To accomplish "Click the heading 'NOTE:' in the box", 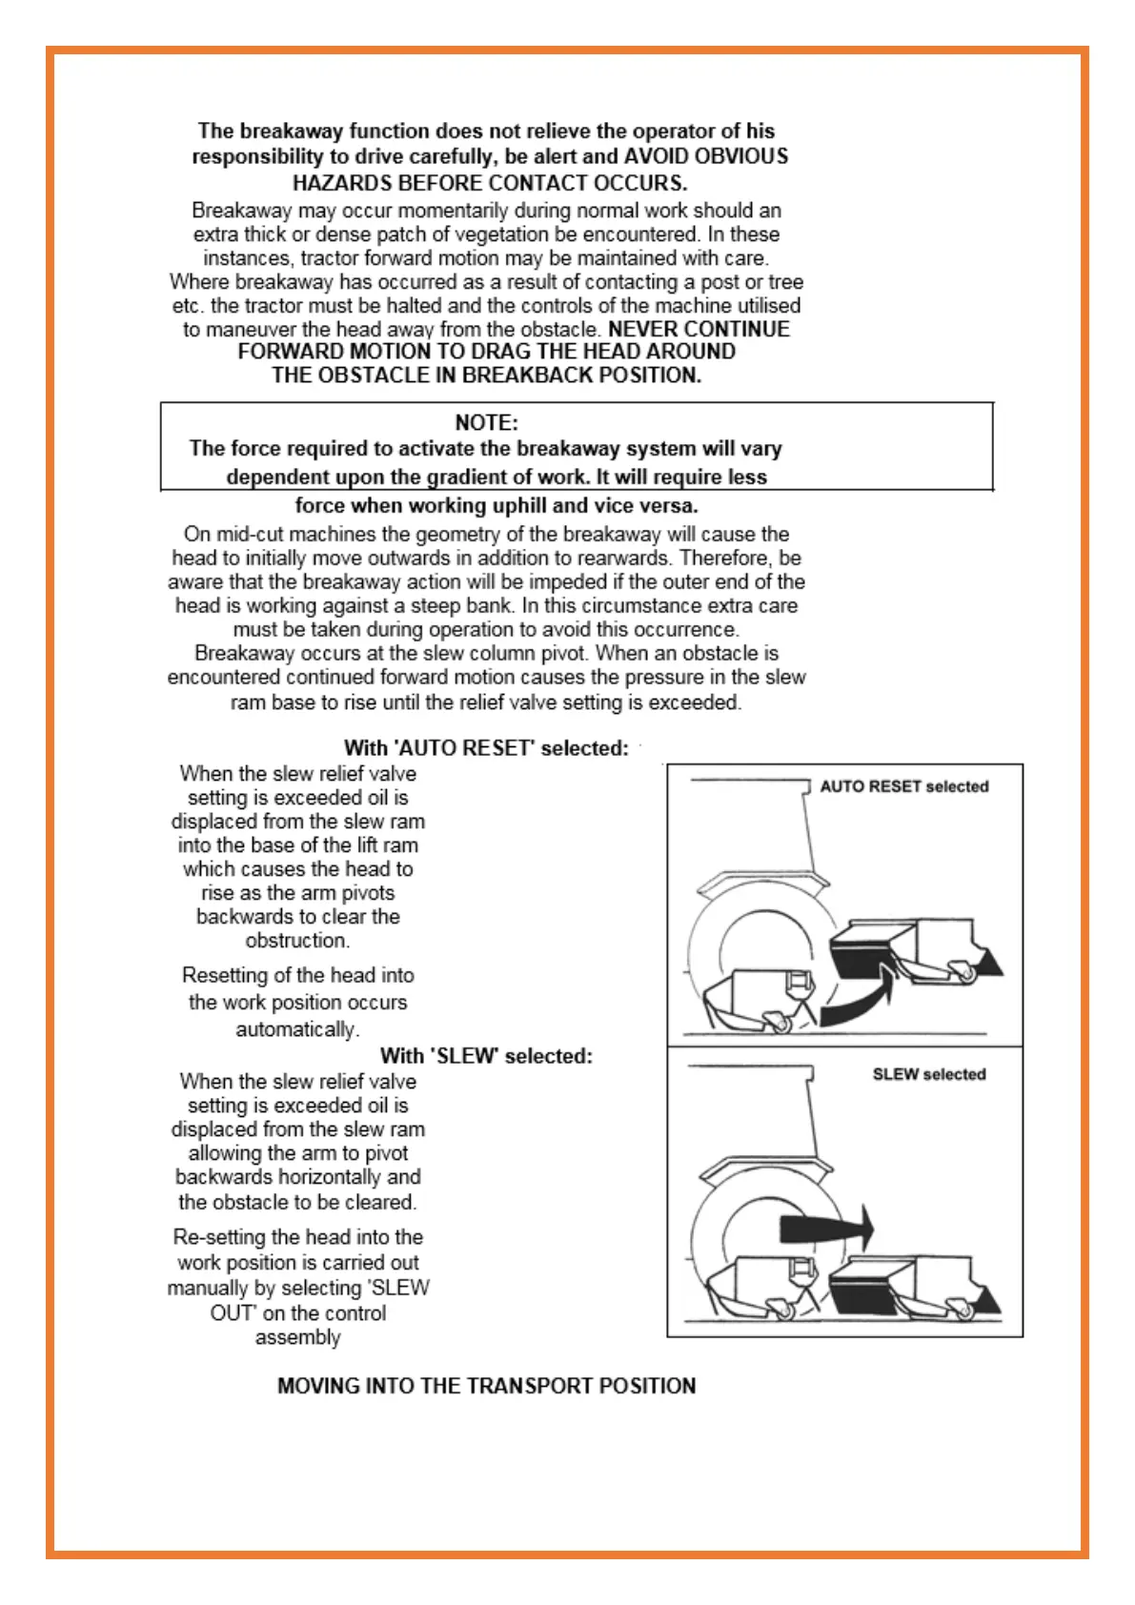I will (x=486, y=423).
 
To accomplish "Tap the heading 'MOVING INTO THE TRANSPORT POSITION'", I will (x=486, y=1386).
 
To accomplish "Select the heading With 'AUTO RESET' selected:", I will (x=486, y=748).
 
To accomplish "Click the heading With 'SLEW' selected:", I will (x=486, y=1056).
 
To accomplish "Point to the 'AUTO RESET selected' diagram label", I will (x=904, y=786).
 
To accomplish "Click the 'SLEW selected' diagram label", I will (x=929, y=1074).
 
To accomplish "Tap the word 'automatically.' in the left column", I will (x=297, y=1029).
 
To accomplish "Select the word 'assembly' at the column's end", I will (x=297, y=1337).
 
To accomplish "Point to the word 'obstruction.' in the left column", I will (x=297, y=941).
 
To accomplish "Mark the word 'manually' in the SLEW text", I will (x=207, y=1288).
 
